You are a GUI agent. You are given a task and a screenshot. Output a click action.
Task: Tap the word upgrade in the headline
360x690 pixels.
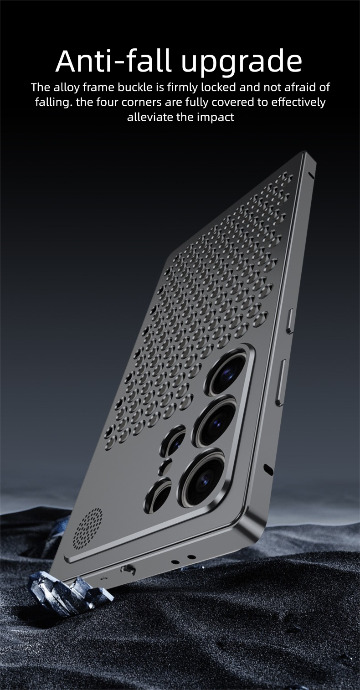coord(242,63)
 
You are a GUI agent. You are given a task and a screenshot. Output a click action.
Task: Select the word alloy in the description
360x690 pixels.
coord(66,88)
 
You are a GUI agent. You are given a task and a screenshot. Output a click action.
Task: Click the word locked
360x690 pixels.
coord(219,88)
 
